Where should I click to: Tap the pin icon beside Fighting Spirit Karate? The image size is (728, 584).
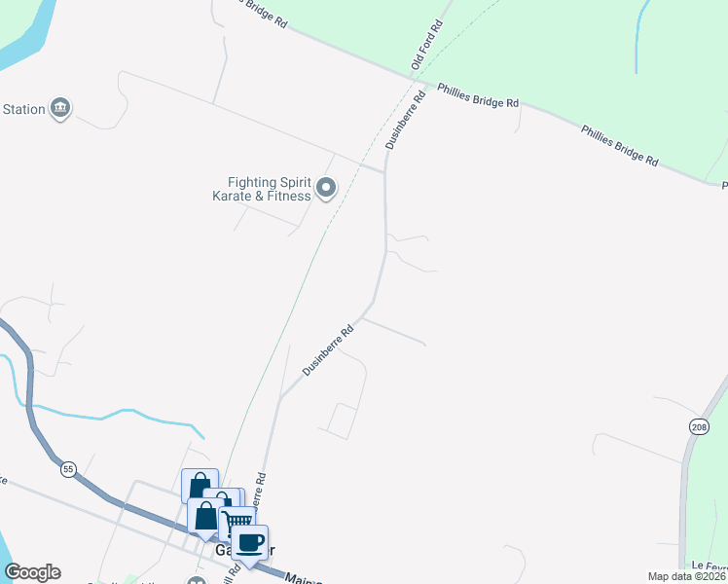(x=326, y=188)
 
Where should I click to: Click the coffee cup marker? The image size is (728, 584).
(x=251, y=542)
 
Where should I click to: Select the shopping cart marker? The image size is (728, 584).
(x=238, y=522)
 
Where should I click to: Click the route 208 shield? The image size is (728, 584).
(x=699, y=427)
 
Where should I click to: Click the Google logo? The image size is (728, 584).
(x=32, y=572)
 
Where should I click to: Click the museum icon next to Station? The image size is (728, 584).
(x=61, y=107)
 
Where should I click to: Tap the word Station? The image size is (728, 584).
(x=23, y=109)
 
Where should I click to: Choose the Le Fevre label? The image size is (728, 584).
(x=710, y=566)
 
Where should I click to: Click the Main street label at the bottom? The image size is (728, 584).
(x=304, y=578)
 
